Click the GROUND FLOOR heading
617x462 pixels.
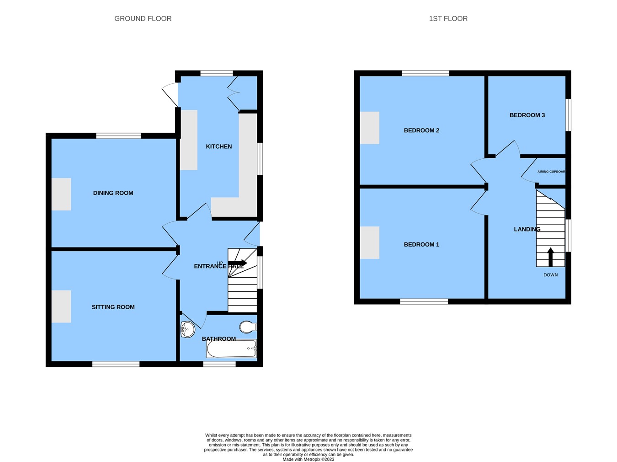pyautogui.click(x=143, y=19)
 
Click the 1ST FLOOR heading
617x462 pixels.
pyautogui.click(x=448, y=19)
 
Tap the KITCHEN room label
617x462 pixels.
pyautogui.click(x=219, y=146)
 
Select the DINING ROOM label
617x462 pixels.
pyautogui.click(x=113, y=193)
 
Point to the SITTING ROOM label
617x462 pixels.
pyautogui.click(x=113, y=307)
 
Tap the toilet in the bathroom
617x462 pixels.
pyautogui.click(x=247, y=327)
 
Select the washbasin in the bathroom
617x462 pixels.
pyautogui.click(x=187, y=329)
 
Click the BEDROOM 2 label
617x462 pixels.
pyautogui.click(x=421, y=130)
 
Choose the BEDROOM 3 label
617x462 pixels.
pyautogui.click(x=527, y=115)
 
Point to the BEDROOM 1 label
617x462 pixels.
pyautogui.click(x=421, y=244)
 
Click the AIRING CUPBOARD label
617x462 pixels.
pyautogui.click(x=551, y=172)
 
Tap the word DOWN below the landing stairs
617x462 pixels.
pyautogui.click(x=550, y=275)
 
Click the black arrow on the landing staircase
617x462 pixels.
pyautogui.click(x=550, y=257)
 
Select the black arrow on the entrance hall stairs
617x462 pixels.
pyautogui.click(x=238, y=263)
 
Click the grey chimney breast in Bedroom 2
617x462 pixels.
pyautogui.click(x=369, y=128)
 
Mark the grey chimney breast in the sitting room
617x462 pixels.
pyautogui.click(x=61, y=306)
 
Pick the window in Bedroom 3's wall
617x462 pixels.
pyautogui.click(x=568, y=115)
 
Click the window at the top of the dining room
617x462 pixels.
pyautogui.click(x=118, y=135)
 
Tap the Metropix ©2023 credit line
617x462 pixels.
pyautogui.click(x=308, y=459)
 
